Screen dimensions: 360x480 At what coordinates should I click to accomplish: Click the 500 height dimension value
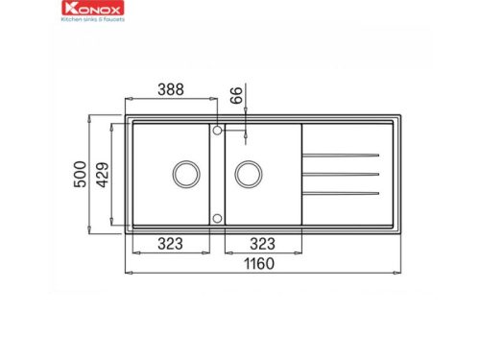tap(81, 175)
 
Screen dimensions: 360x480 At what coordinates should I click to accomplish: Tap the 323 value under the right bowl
tap(264, 244)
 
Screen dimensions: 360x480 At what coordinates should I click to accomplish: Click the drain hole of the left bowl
tap(184, 175)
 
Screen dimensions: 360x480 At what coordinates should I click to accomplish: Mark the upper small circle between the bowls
tap(218, 128)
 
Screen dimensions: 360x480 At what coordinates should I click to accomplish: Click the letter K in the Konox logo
tap(66, 9)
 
